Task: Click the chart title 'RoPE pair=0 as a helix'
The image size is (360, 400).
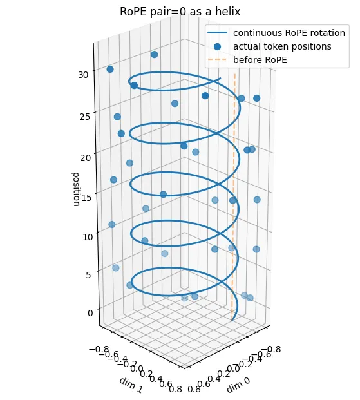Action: point(180,12)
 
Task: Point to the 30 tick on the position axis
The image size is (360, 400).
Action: point(84,75)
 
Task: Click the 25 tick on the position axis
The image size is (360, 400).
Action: point(85,117)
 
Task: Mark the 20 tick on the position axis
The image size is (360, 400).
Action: point(86,157)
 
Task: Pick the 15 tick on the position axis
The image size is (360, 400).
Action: point(86,197)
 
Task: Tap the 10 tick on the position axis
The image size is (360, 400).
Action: point(88,237)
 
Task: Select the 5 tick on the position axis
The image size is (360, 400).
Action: point(88,275)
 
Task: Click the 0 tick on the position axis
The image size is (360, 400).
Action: point(90,313)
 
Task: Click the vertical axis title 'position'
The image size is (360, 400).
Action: point(76,189)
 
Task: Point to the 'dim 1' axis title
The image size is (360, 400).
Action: point(130,385)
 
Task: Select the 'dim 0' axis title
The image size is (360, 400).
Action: point(238,385)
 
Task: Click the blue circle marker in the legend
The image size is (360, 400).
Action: point(218,46)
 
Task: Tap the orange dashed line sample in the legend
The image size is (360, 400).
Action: point(218,60)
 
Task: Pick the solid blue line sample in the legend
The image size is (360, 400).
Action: point(218,33)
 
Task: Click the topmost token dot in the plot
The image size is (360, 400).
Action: point(155,54)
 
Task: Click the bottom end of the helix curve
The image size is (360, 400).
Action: point(232,320)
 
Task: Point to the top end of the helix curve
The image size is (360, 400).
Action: point(220,79)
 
